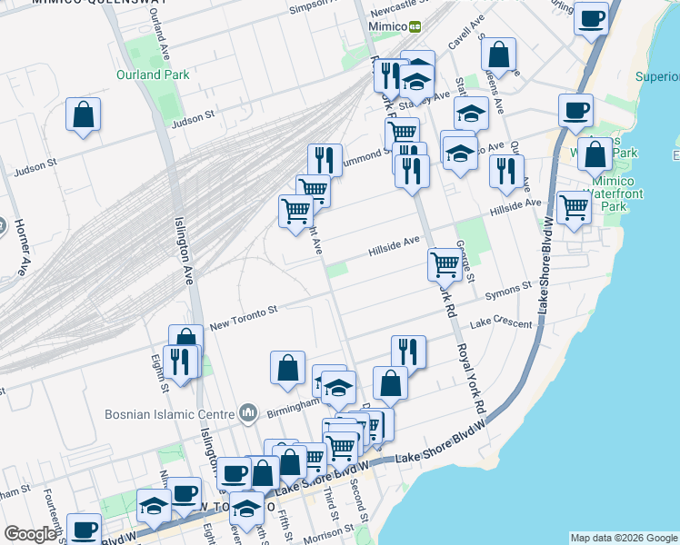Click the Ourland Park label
[x=153, y=74]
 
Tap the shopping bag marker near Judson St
[x=83, y=114]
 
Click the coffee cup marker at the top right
[x=591, y=18]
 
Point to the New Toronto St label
[x=243, y=312]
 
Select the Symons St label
[x=507, y=288]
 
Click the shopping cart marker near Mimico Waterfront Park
[x=574, y=208]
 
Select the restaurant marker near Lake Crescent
[x=408, y=351]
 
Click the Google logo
[x=30, y=534]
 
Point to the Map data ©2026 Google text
[x=623, y=538]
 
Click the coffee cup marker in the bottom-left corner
[x=85, y=529]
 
